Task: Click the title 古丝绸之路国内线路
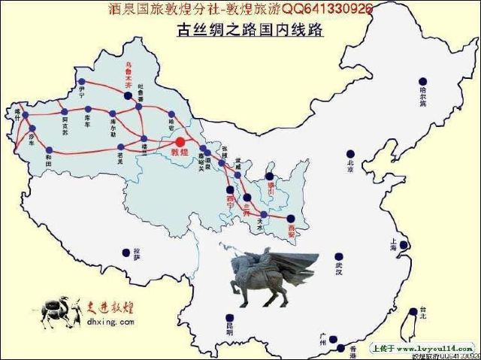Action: pos(249,32)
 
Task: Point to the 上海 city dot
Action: pos(404,245)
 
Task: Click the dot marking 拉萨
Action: pos(125,253)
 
